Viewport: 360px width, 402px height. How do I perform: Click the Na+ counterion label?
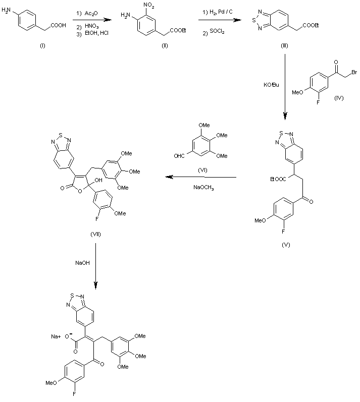click(x=56, y=336)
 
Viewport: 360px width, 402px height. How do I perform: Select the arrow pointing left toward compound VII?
click(x=201, y=178)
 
